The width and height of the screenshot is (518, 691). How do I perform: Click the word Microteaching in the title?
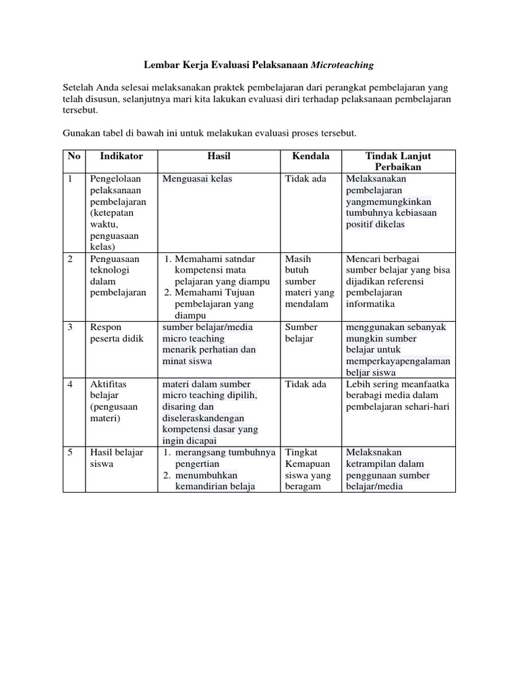[342, 65]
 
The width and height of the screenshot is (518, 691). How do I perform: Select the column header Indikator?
[121, 156]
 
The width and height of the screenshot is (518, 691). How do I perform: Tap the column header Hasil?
[219, 156]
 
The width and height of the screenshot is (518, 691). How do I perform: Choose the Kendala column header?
[310, 156]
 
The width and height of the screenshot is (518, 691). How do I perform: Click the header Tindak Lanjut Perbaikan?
[398, 161]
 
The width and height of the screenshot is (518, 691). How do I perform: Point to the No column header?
[74, 156]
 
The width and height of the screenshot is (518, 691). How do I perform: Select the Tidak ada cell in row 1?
[306, 179]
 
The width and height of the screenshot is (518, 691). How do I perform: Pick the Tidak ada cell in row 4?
[306, 384]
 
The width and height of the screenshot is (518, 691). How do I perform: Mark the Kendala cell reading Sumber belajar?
[301, 333]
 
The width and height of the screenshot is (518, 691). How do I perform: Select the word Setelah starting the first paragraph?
[80, 88]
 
